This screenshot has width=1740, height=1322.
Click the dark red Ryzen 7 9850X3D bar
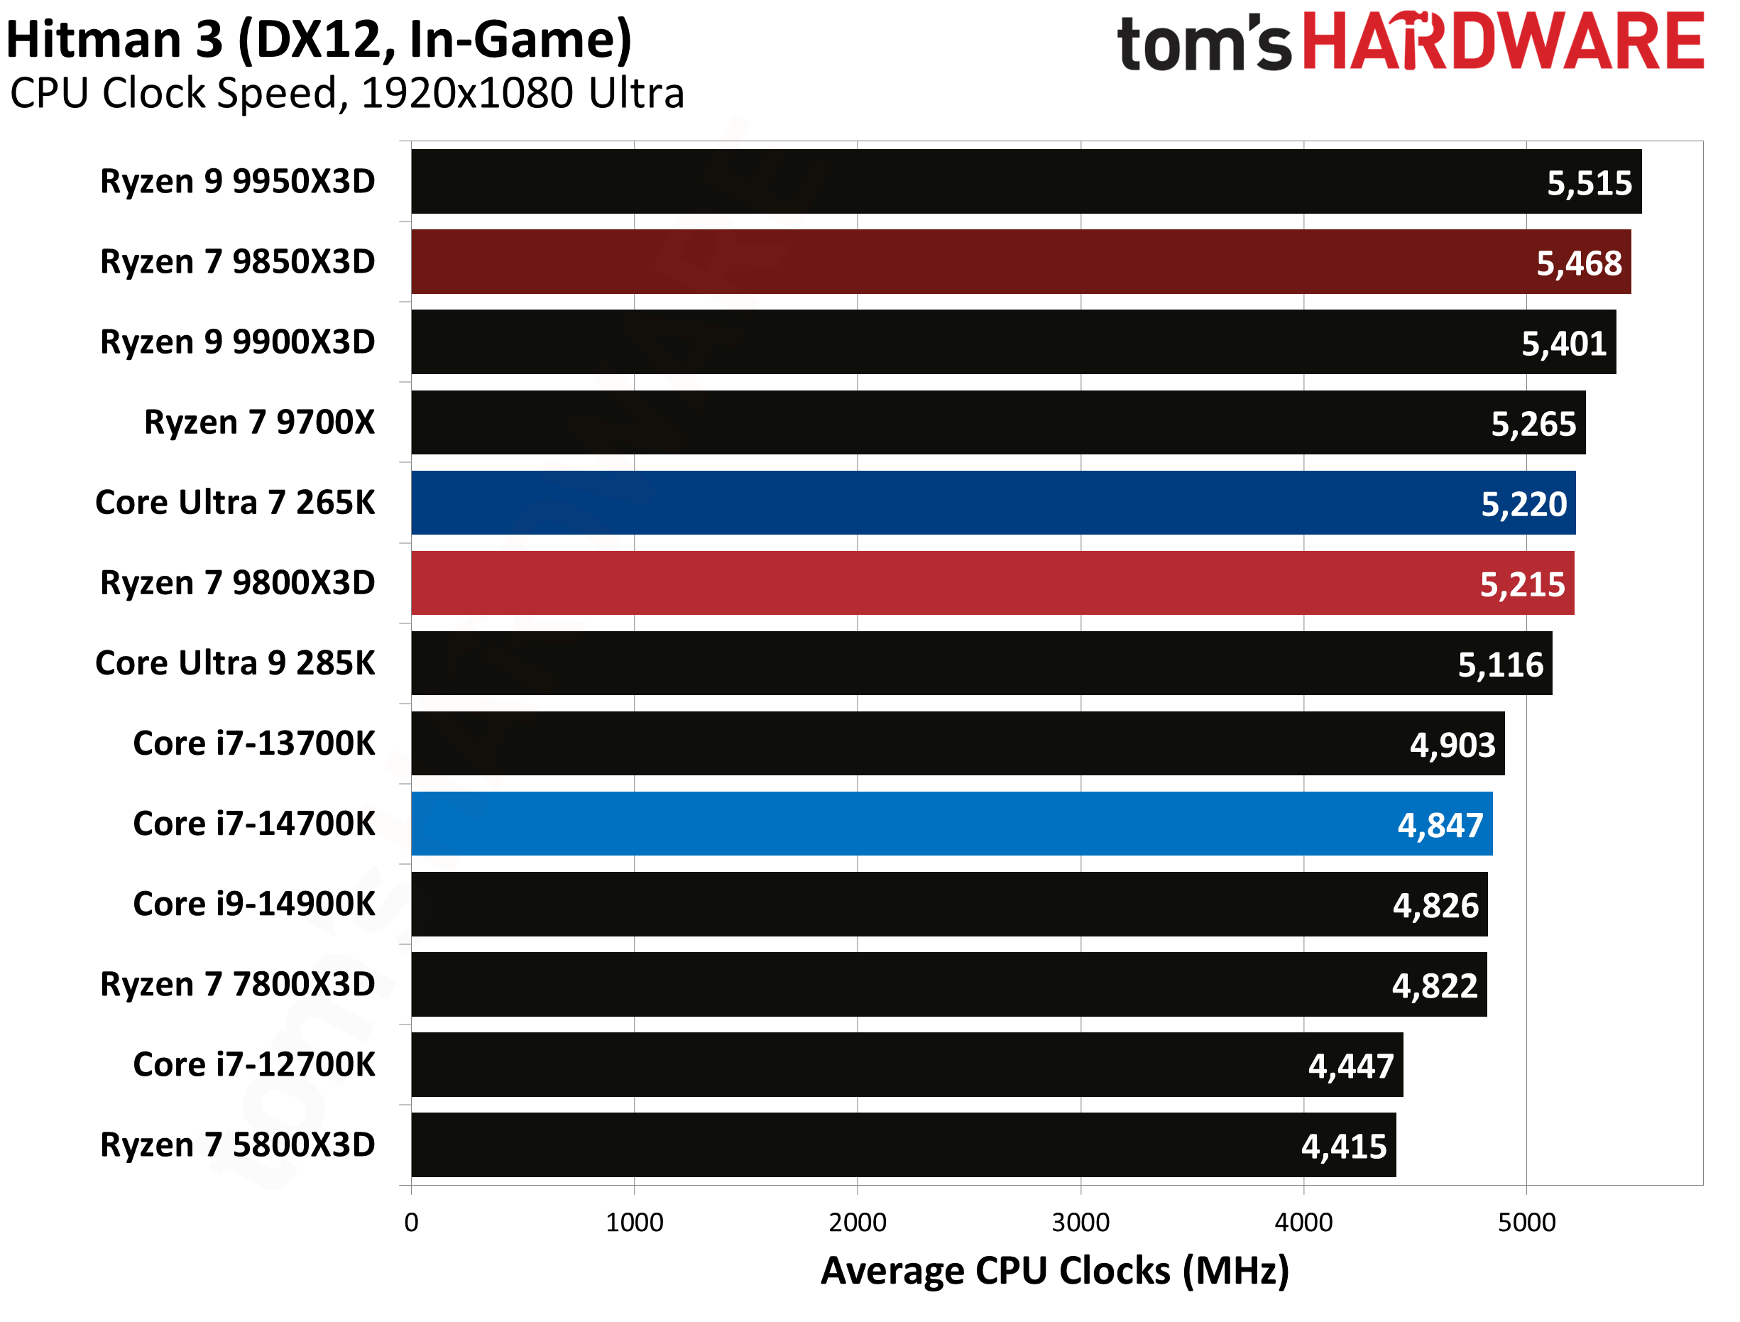pyautogui.click(x=1020, y=262)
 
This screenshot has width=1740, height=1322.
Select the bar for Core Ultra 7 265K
pyautogui.click(x=992, y=503)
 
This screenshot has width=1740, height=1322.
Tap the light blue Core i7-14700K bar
pyautogui.click(x=951, y=824)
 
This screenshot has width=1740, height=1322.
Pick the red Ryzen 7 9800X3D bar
pyautogui.click(x=992, y=583)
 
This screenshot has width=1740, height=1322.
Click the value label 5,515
pyautogui.click(x=1589, y=182)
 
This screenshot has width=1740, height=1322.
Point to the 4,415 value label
pyautogui.click(x=1344, y=1147)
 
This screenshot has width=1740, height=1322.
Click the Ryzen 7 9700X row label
pyautogui.click(x=260, y=422)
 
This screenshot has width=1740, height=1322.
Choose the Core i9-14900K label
pyautogui.click(x=254, y=904)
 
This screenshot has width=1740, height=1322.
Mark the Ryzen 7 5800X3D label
pyautogui.click(x=238, y=1145)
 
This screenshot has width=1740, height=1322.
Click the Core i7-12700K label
pyautogui.click(x=254, y=1065)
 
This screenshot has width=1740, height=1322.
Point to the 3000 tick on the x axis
pyautogui.click(x=1080, y=1222)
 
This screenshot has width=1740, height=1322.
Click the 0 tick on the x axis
pyautogui.click(x=412, y=1222)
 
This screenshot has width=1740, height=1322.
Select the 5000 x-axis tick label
pyautogui.click(x=1526, y=1222)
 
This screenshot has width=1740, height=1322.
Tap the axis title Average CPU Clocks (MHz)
pyautogui.click(x=1054, y=1271)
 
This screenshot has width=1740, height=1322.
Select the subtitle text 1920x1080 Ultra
pyautogui.click(x=522, y=93)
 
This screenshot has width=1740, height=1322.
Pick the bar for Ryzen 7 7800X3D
pyautogui.click(x=948, y=985)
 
